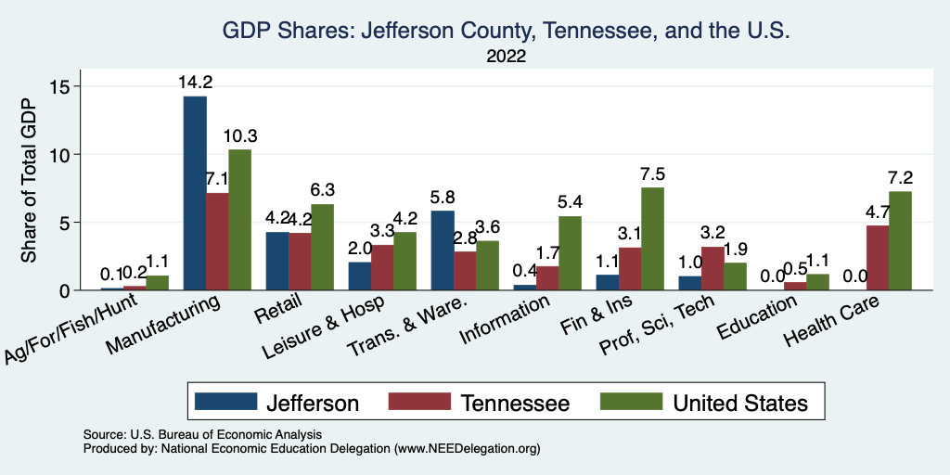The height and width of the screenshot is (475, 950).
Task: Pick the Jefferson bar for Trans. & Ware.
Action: pyautogui.click(x=443, y=250)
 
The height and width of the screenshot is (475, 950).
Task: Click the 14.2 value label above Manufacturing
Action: pyautogui.click(x=195, y=83)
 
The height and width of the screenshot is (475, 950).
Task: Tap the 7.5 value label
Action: pyautogui.click(x=653, y=174)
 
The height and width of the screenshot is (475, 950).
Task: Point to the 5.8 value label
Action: pyautogui.click(x=443, y=198)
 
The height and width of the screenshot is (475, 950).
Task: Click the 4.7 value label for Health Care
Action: pyautogui.click(x=878, y=212)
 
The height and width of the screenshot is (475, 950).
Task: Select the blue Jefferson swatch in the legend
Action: pyautogui.click(x=226, y=402)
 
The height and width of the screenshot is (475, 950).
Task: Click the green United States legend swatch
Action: pyautogui.click(x=632, y=402)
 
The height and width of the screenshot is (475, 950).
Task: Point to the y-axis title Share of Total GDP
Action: pyautogui.click(x=29, y=181)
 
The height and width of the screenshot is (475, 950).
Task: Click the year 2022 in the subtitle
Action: pyautogui.click(x=506, y=57)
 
